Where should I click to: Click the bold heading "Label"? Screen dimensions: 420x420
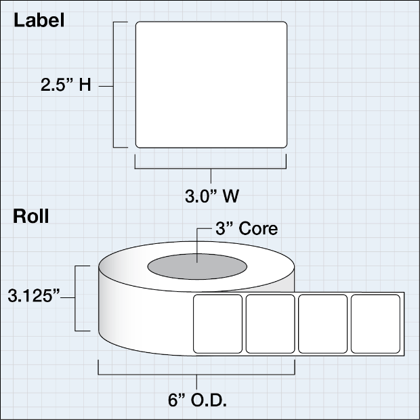click(39, 20)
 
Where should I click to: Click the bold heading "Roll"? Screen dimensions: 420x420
click(31, 216)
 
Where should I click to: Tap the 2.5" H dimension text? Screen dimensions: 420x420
click(66, 85)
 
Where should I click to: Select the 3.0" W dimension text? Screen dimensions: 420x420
click(212, 196)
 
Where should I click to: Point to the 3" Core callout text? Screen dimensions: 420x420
click(247, 228)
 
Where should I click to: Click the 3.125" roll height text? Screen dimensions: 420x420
click(34, 296)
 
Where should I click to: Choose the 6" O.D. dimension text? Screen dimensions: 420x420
click(197, 400)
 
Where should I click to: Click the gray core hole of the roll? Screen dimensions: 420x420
click(197, 266)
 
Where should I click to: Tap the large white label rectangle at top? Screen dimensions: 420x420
click(211, 85)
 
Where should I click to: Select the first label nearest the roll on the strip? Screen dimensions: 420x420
click(217, 324)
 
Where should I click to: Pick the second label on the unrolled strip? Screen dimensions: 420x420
click(270, 324)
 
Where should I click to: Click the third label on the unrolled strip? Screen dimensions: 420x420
click(322, 324)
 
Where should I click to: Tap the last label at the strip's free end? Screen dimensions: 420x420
click(375, 324)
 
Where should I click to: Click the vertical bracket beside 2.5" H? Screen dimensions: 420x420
click(113, 85)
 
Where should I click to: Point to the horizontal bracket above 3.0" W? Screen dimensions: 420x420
click(211, 169)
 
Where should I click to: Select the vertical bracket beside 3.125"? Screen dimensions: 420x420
click(75, 298)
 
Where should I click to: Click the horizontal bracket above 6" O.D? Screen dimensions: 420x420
click(196, 375)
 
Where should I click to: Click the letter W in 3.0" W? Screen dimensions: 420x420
click(231, 196)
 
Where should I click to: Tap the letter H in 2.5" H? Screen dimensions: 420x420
click(85, 85)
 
